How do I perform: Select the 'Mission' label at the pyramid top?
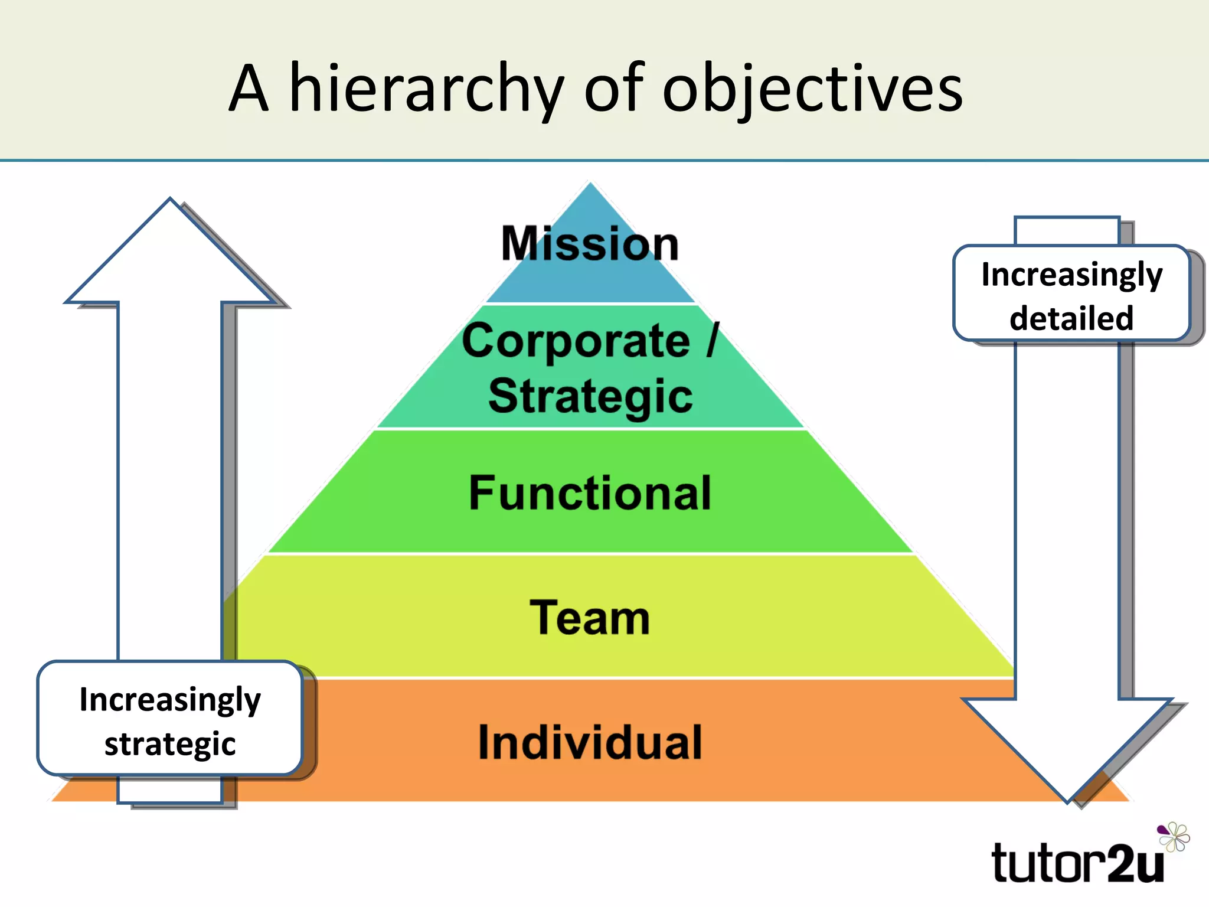(590, 243)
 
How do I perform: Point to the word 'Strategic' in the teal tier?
(590, 396)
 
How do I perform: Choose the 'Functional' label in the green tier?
(590, 493)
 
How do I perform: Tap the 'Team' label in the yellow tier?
(590, 618)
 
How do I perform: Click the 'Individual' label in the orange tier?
(590, 742)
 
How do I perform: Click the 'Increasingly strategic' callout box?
(170, 719)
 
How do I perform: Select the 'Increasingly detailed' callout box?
(1071, 293)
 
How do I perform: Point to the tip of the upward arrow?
(170, 201)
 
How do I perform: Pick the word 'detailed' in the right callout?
(1071, 318)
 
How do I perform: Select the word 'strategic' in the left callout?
(170, 743)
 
